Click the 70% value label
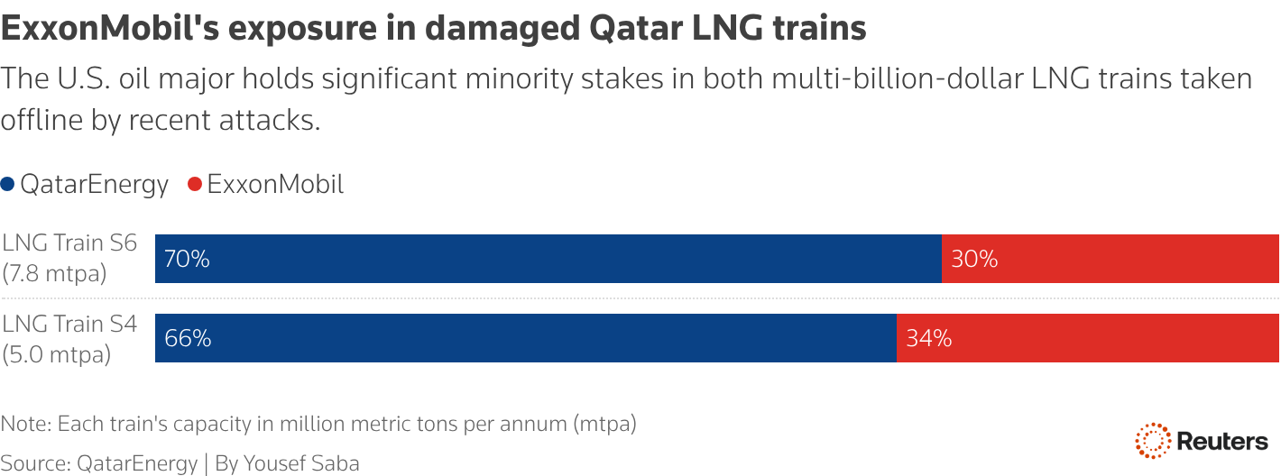tap(187, 260)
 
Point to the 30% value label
tap(974, 260)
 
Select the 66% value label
tap(188, 339)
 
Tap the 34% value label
tap(929, 339)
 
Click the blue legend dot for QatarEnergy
tap(7, 185)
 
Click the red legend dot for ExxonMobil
tap(194, 185)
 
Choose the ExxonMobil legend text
tap(275, 185)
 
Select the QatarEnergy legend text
tap(94, 185)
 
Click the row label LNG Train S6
tap(69, 243)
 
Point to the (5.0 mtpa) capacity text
tap(56, 354)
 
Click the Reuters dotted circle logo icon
tap(1152, 441)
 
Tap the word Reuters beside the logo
tap(1222, 442)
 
